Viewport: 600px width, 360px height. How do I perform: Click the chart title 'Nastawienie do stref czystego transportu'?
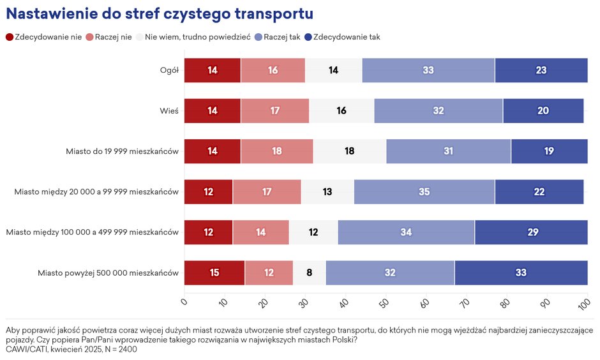click(160, 13)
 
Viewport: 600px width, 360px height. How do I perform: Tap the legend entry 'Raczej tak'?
click(277, 37)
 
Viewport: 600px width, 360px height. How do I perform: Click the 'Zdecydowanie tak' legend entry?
click(342, 37)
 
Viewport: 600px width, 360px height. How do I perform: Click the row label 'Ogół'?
click(169, 70)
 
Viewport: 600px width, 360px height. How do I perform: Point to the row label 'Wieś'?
click(169, 111)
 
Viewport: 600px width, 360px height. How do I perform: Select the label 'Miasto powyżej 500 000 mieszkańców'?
click(108, 273)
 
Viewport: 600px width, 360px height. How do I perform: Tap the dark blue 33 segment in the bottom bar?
click(521, 273)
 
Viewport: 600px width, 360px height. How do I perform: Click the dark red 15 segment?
click(214, 273)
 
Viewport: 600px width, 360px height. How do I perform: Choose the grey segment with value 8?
click(309, 273)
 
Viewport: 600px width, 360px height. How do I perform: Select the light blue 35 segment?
click(424, 192)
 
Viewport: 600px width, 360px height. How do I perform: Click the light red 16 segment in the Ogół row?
click(273, 70)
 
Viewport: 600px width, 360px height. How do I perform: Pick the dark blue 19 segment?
click(549, 151)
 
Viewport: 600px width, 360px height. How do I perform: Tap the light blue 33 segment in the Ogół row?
click(428, 70)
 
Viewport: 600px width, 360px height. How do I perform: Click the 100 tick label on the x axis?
click(584, 304)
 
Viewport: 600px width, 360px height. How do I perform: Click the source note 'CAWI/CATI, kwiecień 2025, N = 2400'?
click(71, 349)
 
